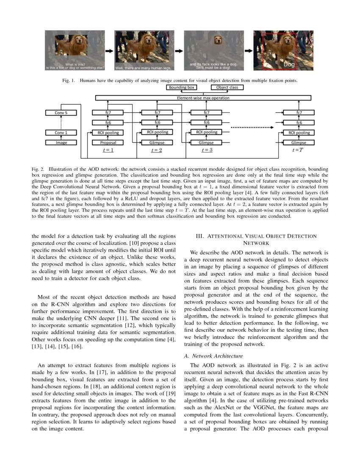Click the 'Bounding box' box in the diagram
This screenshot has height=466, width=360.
pos(182,87)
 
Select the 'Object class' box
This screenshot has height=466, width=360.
pos(227,87)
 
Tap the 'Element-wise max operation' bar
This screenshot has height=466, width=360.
pos(203,98)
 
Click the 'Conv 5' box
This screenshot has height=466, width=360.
pos(61,113)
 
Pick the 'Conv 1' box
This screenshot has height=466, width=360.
pos(61,133)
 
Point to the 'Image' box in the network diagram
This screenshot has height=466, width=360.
pos(61,143)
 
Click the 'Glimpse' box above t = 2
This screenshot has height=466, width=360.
pos(157,143)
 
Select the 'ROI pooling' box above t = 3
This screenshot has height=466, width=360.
pos(206,132)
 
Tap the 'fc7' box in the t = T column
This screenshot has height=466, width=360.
pos(299,113)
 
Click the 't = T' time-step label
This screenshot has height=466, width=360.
pos(298,150)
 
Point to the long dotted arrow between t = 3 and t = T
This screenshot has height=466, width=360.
pos(252,127)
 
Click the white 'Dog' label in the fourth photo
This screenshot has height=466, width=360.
pos(289,64)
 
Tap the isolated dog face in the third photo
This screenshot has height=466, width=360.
pos(218,40)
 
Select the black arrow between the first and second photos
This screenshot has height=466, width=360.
pos(109,50)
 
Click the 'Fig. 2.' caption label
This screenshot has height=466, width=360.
pos(38,169)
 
